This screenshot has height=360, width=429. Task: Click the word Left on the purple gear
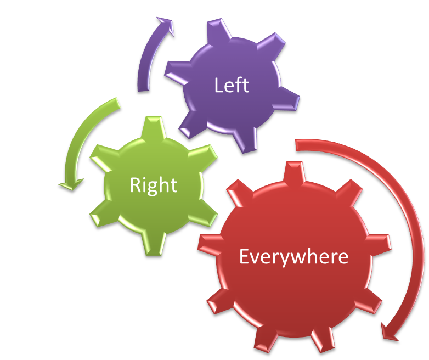pyautogui.click(x=232, y=86)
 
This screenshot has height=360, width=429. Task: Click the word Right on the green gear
pyautogui.click(x=153, y=185)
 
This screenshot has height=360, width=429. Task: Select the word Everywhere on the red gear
pyautogui.click(x=293, y=257)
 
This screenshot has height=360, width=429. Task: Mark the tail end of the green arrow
pyautogui.click(x=117, y=103)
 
